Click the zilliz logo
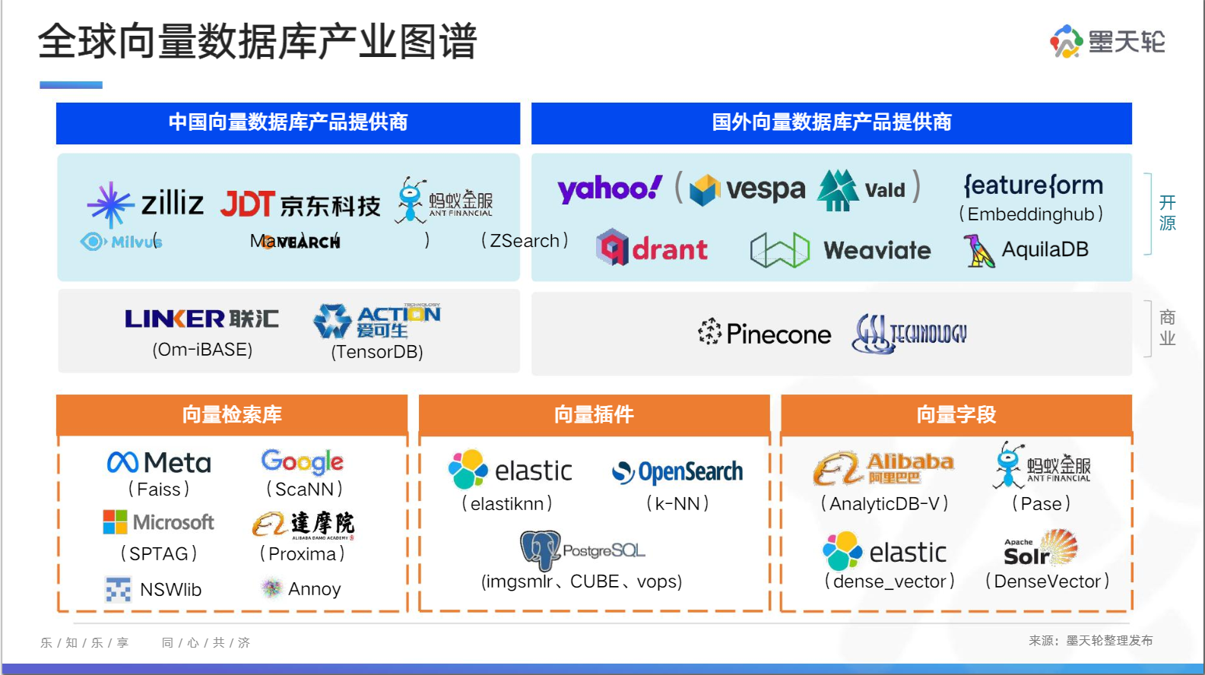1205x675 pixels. [x=145, y=203]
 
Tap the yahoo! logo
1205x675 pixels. [x=610, y=188]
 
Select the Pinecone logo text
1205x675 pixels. [x=765, y=333]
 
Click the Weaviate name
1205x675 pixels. [x=877, y=250]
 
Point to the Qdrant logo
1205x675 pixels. [x=652, y=248]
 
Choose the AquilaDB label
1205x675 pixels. [x=1045, y=249]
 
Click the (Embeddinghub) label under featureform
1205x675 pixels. [x=1031, y=214]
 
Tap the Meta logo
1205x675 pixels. [x=159, y=462]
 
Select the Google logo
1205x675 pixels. [x=303, y=461]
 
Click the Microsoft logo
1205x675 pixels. [x=159, y=522]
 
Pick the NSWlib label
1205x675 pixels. [x=170, y=589]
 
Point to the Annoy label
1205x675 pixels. [x=314, y=589]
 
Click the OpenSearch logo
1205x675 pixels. [x=677, y=472]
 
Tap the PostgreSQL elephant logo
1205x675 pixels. [x=541, y=550]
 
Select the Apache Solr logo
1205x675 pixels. [x=1039, y=549]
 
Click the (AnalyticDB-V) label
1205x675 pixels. [x=885, y=503]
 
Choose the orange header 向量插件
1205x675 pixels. [x=594, y=414]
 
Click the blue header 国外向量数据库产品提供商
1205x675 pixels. [x=831, y=122]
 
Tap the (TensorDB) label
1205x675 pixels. [x=377, y=352]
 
